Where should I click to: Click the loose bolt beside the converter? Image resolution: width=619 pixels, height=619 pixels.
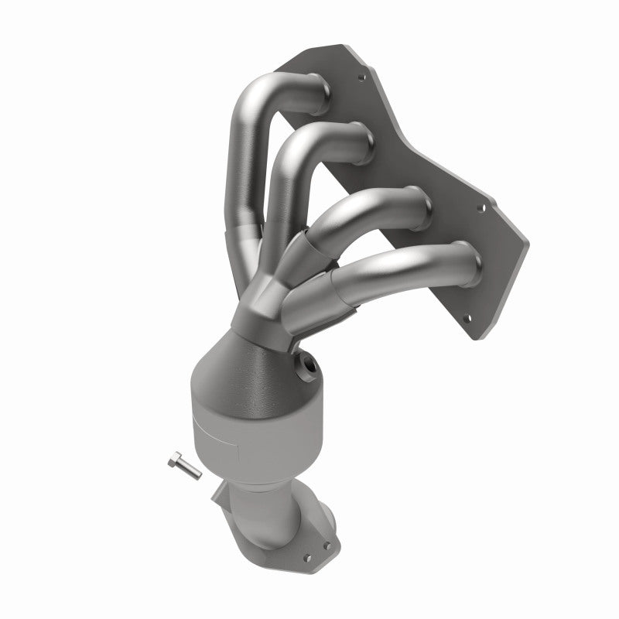click(x=183, y=467)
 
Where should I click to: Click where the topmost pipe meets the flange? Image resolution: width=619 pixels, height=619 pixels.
click(x=319, y=84)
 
